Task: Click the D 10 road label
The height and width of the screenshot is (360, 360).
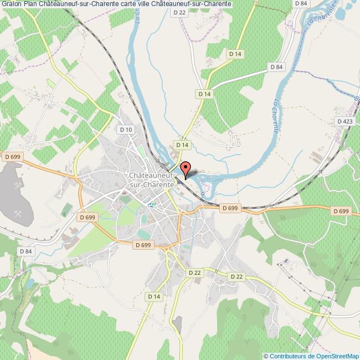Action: click(126, 129)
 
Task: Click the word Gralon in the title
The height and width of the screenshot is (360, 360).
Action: click(11, 4)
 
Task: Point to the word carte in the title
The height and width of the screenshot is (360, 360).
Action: click(121, 4)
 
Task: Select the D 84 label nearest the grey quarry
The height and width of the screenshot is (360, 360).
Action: click(26, 251)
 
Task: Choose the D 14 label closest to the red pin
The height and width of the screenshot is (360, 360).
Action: click(183, 145)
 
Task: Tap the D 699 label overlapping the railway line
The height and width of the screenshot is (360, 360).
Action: click(229, 208)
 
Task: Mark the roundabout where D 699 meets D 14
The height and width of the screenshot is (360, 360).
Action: click(167, 250)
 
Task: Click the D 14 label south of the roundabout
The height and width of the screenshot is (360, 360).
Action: click(154, 297)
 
